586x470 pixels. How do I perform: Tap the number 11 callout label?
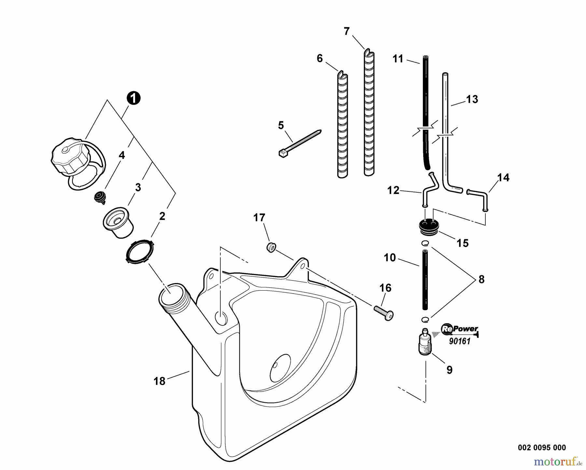coord(398,59)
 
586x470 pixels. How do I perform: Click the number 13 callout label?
coord(472,99)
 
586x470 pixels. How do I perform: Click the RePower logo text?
coord(460,329)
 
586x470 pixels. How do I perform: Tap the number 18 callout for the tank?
coord(160,381)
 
